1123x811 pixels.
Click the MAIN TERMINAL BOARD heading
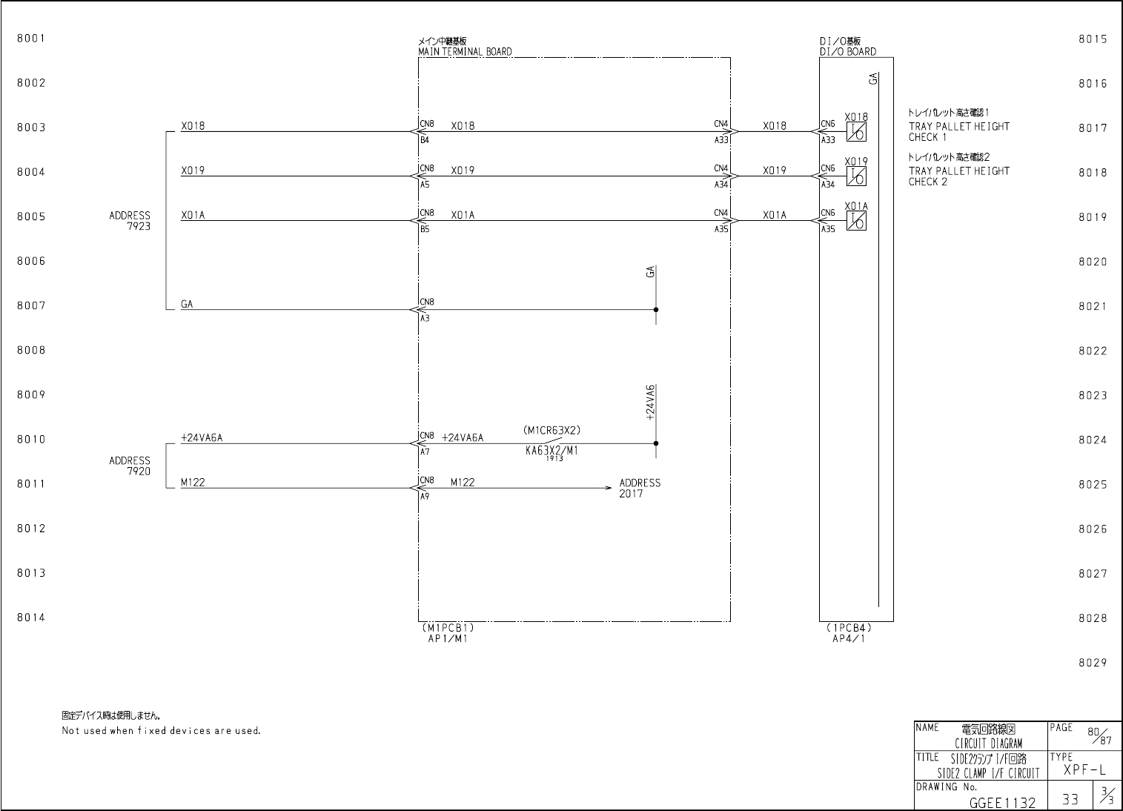click(x=464, y=52)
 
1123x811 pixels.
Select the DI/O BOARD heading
click(x=847, y=52)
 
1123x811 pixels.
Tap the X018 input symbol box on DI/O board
click(x=856, y=132)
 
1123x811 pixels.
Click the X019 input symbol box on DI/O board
click(x=856, y=176)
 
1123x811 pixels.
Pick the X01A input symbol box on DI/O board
click(x=856, y=221)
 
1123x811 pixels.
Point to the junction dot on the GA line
click(x=656, y=310)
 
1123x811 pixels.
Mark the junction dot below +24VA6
click(x=656, y=443)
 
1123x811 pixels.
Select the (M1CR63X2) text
click(x=551, y=430)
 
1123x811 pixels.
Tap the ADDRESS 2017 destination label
click(x=639, y=488)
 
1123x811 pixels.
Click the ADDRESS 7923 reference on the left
click(x=130, y=221)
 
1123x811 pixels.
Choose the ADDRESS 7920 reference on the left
click(x=130, y=466)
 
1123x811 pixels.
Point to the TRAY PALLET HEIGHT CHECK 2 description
click(x=958, y=176)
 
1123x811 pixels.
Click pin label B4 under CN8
click(x=425, y=139)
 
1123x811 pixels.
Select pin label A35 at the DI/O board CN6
click(x=827, y=229)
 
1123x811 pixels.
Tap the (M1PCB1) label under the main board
click(x=448, y=627)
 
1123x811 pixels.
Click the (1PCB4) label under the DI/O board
click(x=848, y=627)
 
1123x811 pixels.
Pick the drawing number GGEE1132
click(x=1002, y=802)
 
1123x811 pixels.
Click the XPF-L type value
click(x=1084, y=770)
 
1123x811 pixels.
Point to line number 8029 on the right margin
click(x=1092, y=663)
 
